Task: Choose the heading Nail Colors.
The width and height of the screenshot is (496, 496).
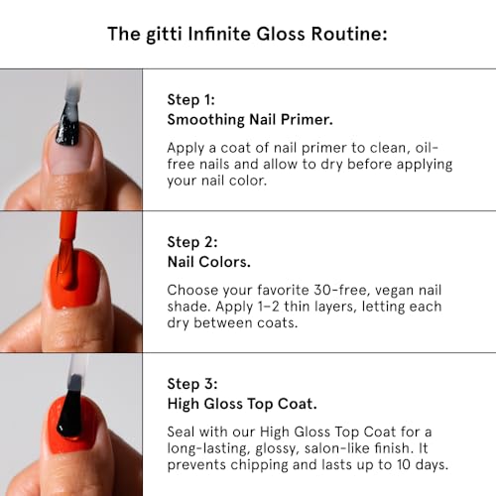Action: coord(209,260)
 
